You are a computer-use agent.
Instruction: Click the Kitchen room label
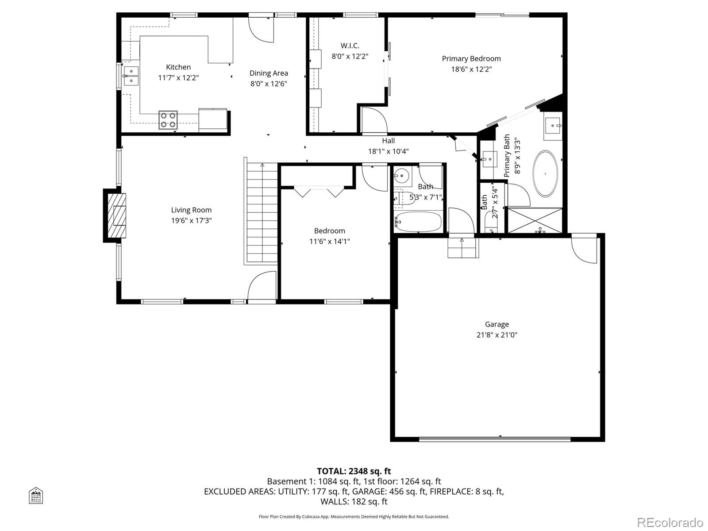[178, 67]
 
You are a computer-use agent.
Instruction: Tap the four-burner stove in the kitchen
[168, 120]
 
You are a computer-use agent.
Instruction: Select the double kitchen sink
[131, 76]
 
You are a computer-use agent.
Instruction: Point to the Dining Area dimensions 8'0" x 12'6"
[269, 84]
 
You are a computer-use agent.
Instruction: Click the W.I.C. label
[350, 46]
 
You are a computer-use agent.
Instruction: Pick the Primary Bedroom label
[471, 58]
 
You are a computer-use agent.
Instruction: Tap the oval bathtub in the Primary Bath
[545, 174]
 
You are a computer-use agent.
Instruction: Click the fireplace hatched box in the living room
[117, 215]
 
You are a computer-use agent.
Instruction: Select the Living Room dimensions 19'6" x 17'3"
[192, 220]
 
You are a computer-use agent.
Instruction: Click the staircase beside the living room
[262, 215]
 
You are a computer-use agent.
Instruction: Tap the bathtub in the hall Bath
[418, 221]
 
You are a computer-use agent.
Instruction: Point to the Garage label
[496, 324]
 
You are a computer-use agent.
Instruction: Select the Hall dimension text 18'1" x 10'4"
[388, 151]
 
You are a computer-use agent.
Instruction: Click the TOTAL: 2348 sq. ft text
[354, 471]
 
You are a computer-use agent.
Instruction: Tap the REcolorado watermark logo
[670, 522]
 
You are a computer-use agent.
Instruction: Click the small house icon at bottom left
[36, 495]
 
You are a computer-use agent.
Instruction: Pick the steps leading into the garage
[463, 248]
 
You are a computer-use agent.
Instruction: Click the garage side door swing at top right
[584, 250]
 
